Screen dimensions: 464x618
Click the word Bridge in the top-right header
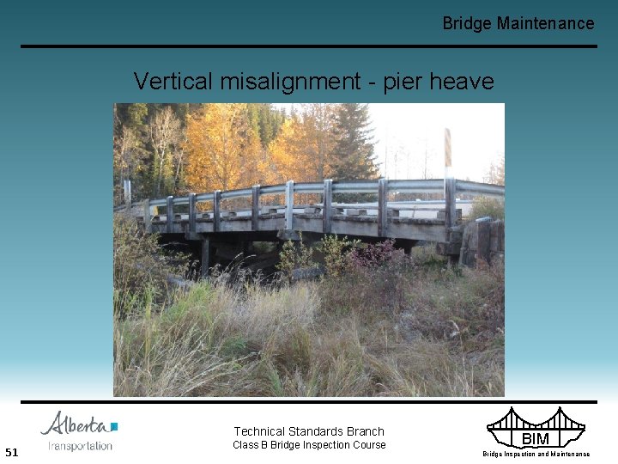click(x=467, y=23)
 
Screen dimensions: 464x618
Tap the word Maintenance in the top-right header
click(x=545, y=23)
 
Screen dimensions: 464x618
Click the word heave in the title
click(x=464, y=82)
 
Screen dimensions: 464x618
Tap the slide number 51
click(x=11, y=452)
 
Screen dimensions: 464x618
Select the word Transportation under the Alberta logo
click(x=80, y=445)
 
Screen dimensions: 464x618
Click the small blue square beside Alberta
click(x=114, y=425)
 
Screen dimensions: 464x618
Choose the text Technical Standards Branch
click(x=309, y=431)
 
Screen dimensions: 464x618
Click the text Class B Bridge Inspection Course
click(x=309, y=445)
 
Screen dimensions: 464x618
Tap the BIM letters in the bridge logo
click(x=535, y=439)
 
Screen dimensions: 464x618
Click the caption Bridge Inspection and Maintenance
click(x=536, y=454)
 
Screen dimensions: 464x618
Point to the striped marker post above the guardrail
click(x=447, y=150)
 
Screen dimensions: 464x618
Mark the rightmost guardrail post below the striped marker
click(x=450, y=205)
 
